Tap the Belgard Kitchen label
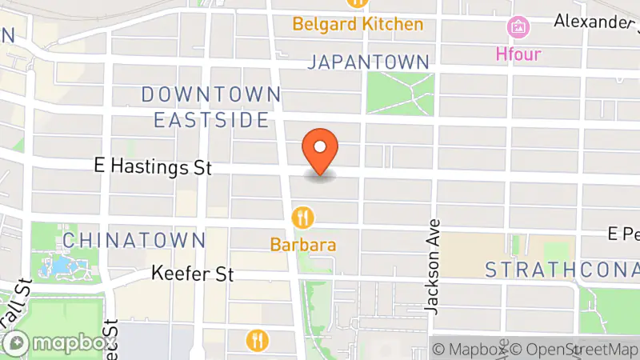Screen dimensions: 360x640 coord(358,24)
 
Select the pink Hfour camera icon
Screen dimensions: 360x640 coord(518,28)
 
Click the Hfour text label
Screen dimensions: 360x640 coord(518,54)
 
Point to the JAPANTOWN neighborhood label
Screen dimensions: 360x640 coord(369,62)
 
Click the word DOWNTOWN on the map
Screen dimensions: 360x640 coord(211,94)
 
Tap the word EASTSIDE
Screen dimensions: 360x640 coord(211,120)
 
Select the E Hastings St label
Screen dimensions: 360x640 coord(152,168)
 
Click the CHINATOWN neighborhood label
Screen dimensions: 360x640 coord(134,239)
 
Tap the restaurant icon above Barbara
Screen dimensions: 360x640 coord(302,217)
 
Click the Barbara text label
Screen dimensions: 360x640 coord(302,245)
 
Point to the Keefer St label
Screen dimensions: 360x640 coord(193,274)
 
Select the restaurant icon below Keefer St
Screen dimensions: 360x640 coord(258,340)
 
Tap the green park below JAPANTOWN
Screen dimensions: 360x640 coord(400,92)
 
